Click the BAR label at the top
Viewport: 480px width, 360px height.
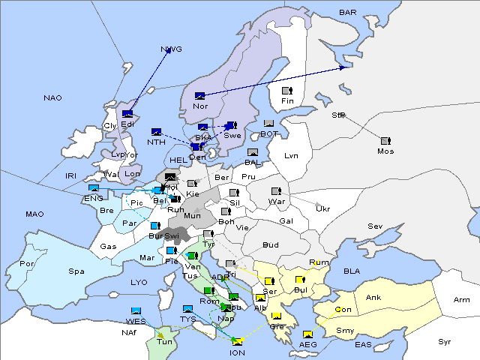click(x=348, y=12)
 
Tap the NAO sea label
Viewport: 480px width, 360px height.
click(x=52, y=98)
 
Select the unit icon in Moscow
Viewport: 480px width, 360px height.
click(x=385, y=141)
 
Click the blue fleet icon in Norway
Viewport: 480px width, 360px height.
click(x=200, y=95)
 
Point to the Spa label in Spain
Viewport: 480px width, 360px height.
click(x=76, y=271)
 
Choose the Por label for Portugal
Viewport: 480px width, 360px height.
click(x=28, y=264)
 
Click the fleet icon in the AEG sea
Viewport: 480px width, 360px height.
click(x=307, y=334)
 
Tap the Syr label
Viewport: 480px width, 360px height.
click(x=445, y=341)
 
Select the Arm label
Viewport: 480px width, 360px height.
click(x=462, y=300)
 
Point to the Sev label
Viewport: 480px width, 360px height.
click(x=374, y=226)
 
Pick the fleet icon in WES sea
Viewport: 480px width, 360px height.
click(x=136, y=310)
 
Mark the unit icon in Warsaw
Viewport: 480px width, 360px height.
click(x=276, y=191)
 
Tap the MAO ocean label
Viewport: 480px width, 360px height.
click(x=34, y=214)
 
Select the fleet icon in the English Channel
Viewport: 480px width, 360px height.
click(x=93, y=188)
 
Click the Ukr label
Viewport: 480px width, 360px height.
click(x=322, y=208)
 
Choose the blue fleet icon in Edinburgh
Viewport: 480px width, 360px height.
click(x=127, y=114)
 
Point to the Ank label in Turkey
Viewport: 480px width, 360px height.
click(x=373, y=298)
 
